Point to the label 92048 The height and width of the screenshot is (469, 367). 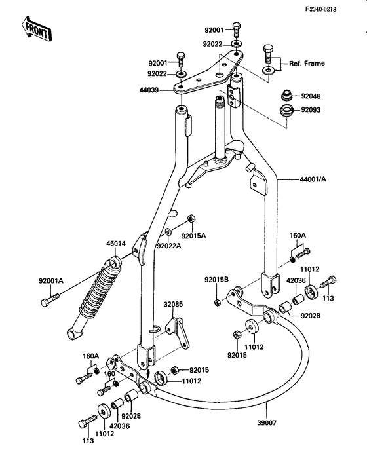[x=313, y=96]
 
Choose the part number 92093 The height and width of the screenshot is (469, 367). [x=313, y=110]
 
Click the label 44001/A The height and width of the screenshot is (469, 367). [x=313, y=178]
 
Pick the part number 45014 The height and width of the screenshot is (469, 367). [x=115, y=244]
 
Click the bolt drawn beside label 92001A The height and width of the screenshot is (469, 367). [x=46, y=301]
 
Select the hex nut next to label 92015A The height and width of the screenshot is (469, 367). [x=191, y=219]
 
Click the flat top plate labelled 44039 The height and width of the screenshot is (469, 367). [x=206, y=75]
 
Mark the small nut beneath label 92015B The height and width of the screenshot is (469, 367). [x=216, y=301]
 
